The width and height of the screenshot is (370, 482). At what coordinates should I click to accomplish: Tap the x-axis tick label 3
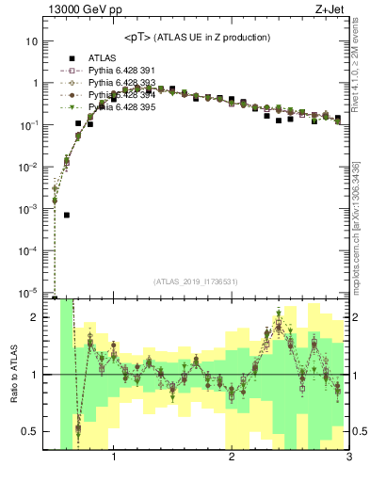[348, 458]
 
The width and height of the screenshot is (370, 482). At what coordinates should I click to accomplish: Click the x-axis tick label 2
[232, 458]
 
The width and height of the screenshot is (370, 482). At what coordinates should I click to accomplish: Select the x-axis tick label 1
[114, 458]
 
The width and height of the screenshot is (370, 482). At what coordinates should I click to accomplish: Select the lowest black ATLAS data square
[67, 215]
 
